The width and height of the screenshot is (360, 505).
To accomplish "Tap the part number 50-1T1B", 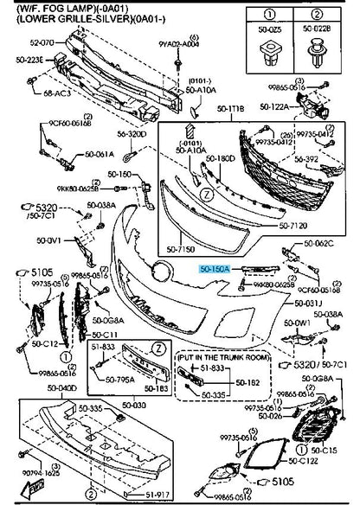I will pyautogui.click(x=230, y=109).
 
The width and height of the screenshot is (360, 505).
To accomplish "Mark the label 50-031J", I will pyautogui.click(x=307, y=304).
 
